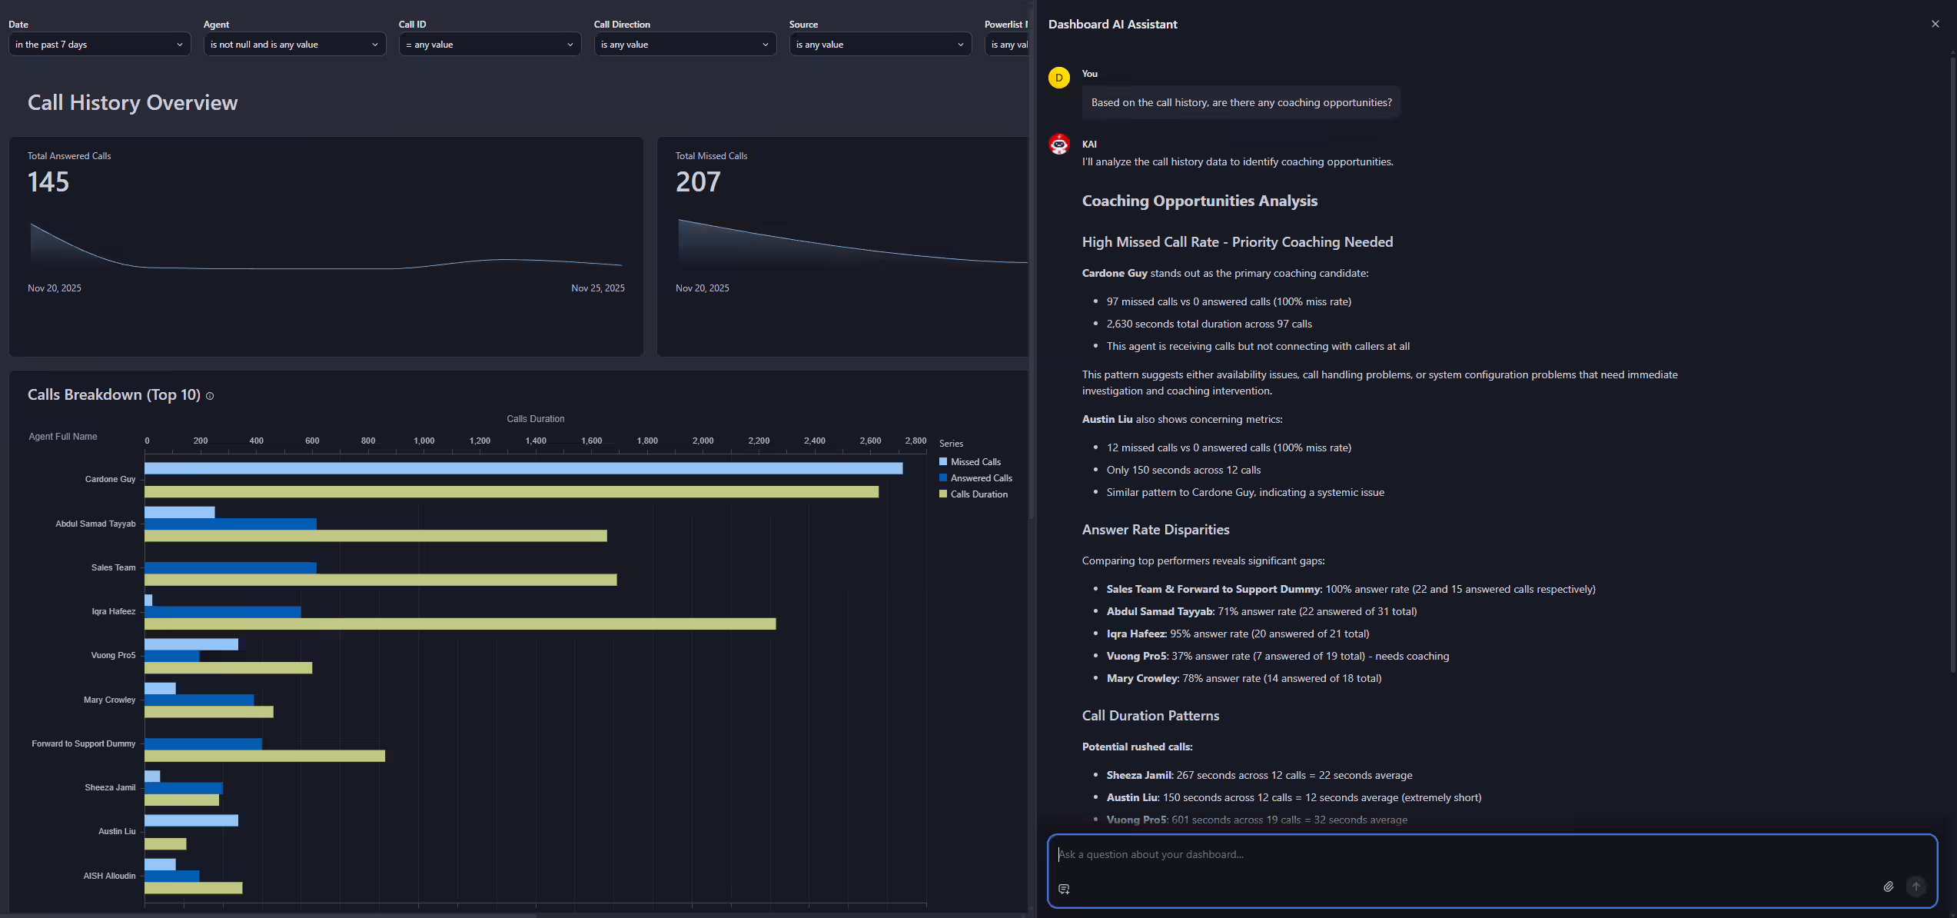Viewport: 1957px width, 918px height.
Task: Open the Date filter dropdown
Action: coord(99,45)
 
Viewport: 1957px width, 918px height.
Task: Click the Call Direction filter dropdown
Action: coord(684,45)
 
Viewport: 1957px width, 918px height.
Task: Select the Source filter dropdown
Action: coord(879,45)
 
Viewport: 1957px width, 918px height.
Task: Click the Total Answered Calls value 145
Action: coord(48,182)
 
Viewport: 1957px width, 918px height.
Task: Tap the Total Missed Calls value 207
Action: coord(698,182)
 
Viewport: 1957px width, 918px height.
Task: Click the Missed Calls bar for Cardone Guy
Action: coord(523,468)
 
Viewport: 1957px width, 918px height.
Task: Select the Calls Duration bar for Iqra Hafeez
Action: coord(460,624)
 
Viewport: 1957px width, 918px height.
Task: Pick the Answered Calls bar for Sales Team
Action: coord(231,567)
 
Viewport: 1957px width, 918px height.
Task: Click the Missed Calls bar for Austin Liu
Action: coord(191,820)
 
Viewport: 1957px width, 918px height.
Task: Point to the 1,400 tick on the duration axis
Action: coord(536,441)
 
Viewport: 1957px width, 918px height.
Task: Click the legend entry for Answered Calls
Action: coord(981,478)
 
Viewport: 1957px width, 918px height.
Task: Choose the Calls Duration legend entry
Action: coord(978,494)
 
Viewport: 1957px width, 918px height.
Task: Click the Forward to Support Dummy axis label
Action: coord(83,743)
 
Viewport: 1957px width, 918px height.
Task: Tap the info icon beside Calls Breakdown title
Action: coord(210,396)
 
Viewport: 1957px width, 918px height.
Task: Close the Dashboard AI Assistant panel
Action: coord(1935,24)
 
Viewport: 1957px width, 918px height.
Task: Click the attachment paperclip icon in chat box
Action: coord(1888,886)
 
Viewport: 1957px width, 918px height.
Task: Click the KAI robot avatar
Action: coord(1059,144)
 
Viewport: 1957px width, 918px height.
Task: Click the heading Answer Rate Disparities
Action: coord(1155,530)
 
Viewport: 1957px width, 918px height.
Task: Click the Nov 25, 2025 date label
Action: coord(597,288)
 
